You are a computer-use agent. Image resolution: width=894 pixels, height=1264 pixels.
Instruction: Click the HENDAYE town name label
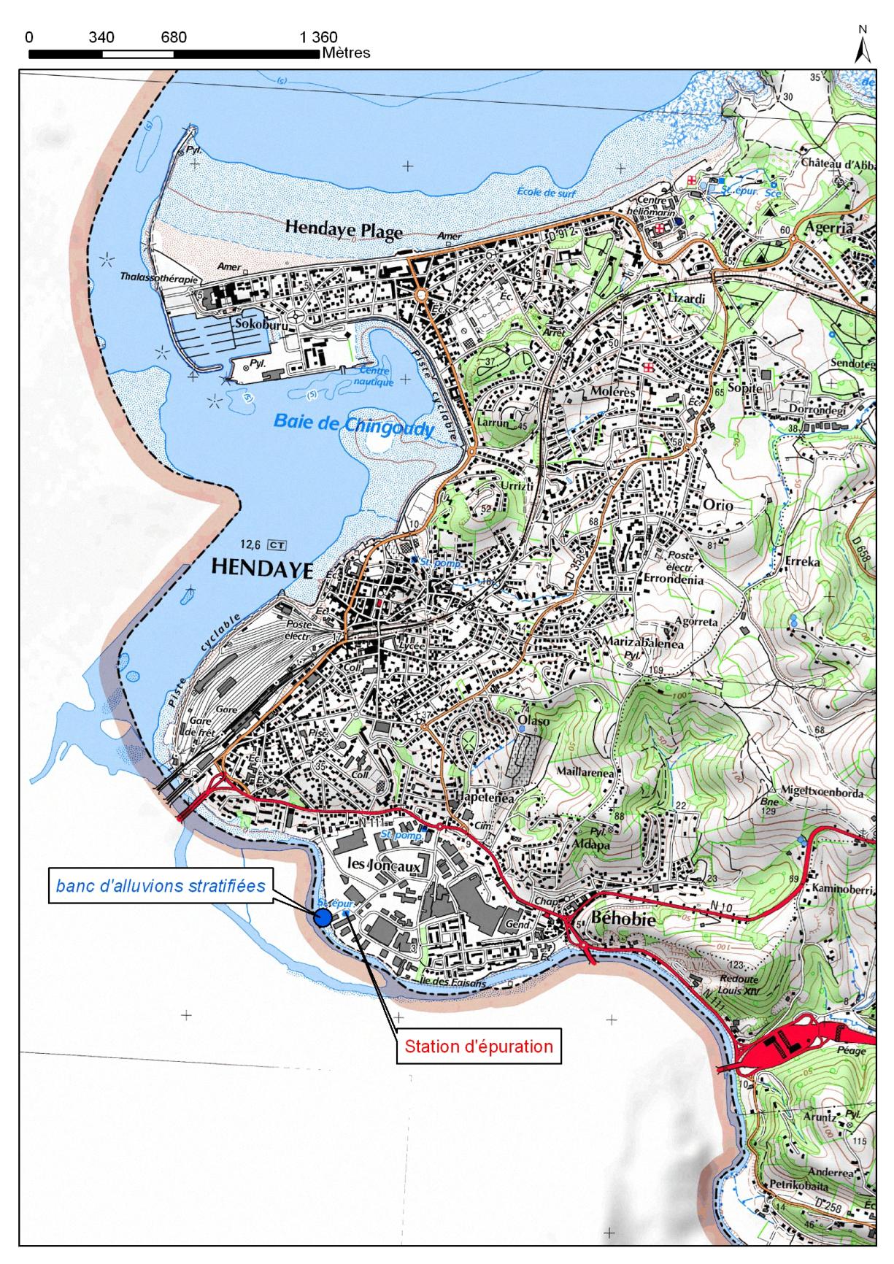[261, 569]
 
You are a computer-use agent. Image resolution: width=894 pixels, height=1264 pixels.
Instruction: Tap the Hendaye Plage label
[343, 231]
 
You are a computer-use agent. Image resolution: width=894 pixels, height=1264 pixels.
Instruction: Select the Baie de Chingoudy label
[352, 423]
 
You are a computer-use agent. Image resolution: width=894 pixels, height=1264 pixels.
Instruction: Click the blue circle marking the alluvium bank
[322, 918]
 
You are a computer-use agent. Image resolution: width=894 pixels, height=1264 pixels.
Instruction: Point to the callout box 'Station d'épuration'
[479, 1046]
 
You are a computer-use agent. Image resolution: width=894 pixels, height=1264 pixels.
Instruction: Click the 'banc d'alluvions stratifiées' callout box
[161, 886]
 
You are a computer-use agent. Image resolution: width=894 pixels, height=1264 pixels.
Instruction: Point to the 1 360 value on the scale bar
[319, 37]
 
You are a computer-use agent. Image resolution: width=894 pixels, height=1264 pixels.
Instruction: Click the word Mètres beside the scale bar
[346, 53]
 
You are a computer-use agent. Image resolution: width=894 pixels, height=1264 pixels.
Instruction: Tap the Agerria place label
[828, 227]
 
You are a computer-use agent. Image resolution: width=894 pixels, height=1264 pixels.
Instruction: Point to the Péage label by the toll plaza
[852, 1051]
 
